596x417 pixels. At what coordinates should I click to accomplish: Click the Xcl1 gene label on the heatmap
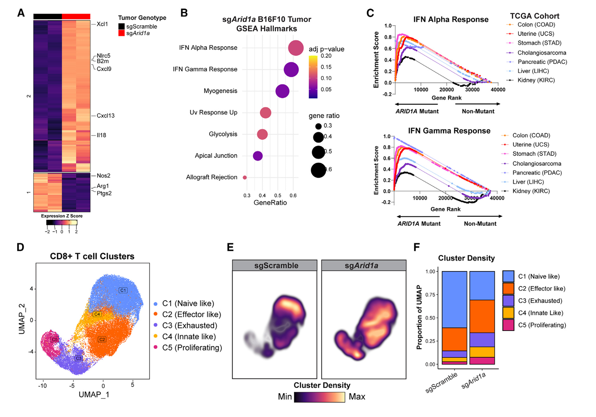tap(102, 24)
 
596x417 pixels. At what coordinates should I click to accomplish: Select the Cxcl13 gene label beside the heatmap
tap(105, 116)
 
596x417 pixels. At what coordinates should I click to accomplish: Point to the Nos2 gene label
tap(103, 176)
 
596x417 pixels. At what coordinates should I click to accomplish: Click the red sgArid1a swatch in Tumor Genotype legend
tap(121, 33)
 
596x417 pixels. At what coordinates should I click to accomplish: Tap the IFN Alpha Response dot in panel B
tap(296, 48)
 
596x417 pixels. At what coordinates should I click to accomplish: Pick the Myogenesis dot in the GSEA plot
tap(282, 91)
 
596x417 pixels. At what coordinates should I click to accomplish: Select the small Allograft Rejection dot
tap(245, 177)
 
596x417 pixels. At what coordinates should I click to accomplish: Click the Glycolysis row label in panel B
tap(223, 134)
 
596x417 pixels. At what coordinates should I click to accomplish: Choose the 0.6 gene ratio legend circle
tap(318, 170)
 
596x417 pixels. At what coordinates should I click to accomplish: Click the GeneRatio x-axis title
tap(270, 203)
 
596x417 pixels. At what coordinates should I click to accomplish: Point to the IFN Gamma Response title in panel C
tap(449, 131)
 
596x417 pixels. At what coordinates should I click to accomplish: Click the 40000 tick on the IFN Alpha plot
tap(498, 90)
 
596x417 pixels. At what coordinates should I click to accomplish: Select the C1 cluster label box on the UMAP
tap(123, 290)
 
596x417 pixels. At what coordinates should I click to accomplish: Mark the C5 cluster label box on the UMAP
tap(55, 339)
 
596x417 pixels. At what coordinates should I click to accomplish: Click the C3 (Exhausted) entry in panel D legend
tap(189, 326)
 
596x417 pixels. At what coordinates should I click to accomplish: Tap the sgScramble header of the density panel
tap(276, 266)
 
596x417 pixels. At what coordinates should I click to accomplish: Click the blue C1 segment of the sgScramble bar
tap(454, 299)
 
